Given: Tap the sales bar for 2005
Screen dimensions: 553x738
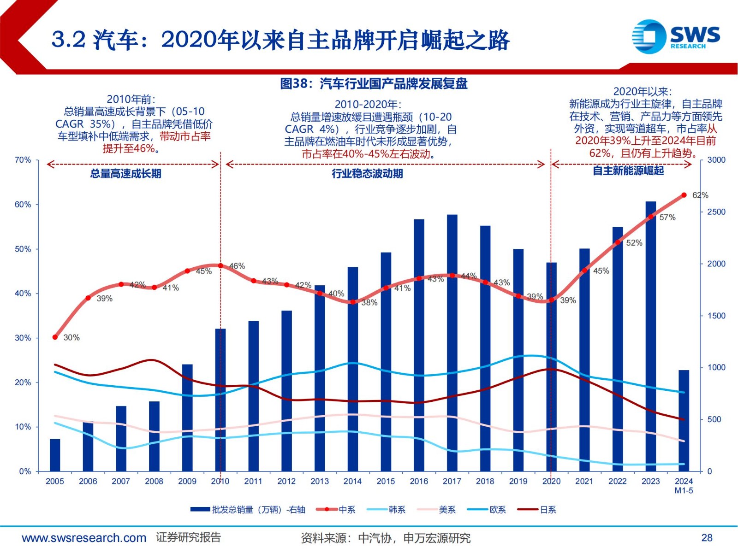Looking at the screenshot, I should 55,455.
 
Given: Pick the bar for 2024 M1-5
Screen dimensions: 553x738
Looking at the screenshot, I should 684,420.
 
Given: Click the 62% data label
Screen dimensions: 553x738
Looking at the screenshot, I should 700,195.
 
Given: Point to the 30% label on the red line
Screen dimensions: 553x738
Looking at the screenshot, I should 71,337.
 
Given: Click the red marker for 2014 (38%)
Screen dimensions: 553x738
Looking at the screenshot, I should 353,302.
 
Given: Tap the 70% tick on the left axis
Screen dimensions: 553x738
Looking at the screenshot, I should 23,160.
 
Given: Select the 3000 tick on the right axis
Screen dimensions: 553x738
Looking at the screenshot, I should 716,160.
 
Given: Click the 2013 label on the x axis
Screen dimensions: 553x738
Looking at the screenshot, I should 320,481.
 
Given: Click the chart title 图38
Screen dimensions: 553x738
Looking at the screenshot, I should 374,83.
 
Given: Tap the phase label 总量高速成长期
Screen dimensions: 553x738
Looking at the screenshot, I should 125,174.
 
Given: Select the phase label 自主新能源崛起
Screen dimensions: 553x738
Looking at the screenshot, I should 628,171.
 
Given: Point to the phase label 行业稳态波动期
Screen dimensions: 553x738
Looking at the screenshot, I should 367,174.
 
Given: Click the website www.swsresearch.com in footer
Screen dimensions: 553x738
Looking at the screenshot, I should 84,538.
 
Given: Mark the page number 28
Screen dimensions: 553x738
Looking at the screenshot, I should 707,538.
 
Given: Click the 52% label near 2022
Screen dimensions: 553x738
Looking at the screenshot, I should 634,243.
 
